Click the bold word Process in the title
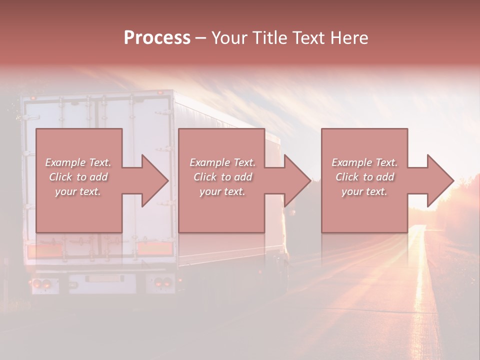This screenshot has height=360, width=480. (x=157, y=38)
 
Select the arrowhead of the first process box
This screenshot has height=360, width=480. (x=154, y=180)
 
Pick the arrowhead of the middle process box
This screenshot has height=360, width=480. (x=297, y=180)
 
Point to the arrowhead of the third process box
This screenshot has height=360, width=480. (x=439, y=180)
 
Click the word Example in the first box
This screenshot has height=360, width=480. (x=65, y=162)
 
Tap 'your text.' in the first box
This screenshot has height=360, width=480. (x=78, y=191)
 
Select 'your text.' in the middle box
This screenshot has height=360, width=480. (x=222, y=191)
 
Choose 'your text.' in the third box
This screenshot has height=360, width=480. (x=364, y=191)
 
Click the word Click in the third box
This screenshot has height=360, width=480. (x=347, y=177)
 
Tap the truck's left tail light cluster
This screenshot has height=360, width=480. (x=40, y=283)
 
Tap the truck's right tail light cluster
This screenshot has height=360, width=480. (x=160, y=282)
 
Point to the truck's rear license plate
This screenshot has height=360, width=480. (x=102, y=279)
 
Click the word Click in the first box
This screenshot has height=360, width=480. (x=60, y=177)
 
